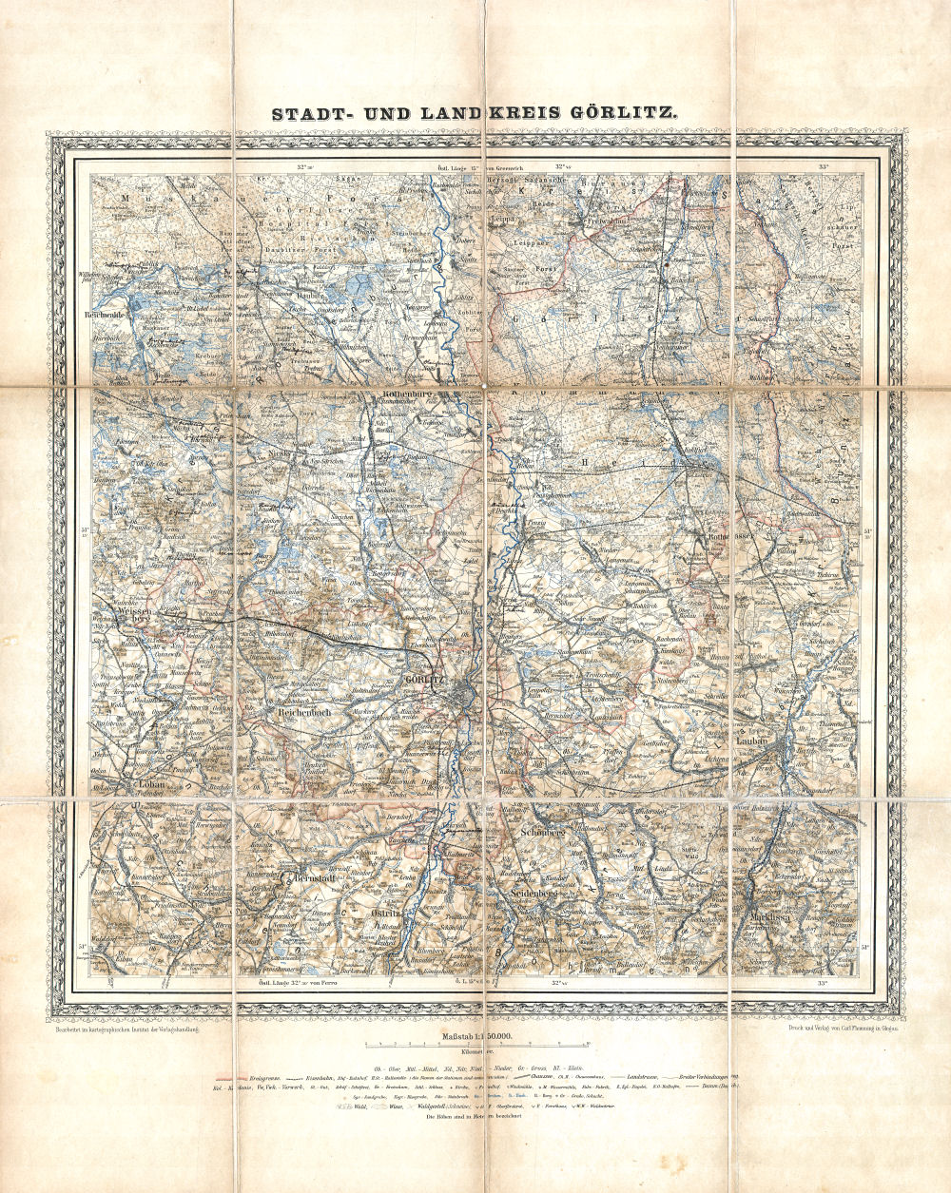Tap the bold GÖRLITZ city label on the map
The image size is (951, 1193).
(x=423, y=681)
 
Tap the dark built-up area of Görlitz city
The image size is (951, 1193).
(x=463, y=694)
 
